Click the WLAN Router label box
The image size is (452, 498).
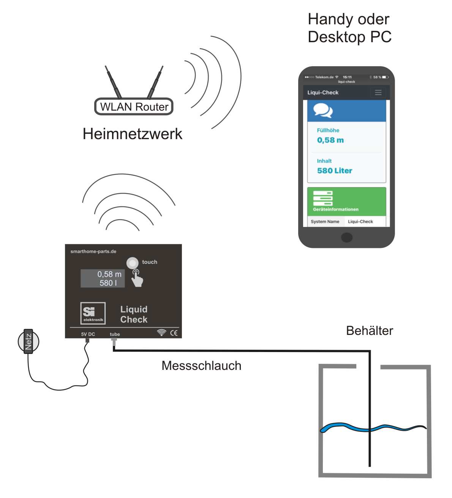click(x=134, y=107)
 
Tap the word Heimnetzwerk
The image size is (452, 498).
click(x=132, y=134)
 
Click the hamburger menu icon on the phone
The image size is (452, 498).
click(x=378, y=92)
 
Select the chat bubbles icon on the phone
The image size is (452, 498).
click(x=323, y=111)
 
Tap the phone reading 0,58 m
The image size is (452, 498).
click(x=330, y=140)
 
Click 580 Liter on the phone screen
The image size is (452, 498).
click(x=335, y=171)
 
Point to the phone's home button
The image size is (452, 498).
click(x=346, y=238)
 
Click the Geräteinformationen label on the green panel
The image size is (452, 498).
click(x=336, y=209)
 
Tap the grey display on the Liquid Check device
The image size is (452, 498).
click(x=103, y=278)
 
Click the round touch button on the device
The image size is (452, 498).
click(x=132, y=263)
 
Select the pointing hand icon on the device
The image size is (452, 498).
click(x=137, y=279)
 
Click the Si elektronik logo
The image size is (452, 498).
click(x=93, y=313)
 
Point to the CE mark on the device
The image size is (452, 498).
click(x=174, y=333)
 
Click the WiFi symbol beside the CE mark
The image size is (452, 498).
click(x=161, y=333)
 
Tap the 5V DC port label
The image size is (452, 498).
click(x=88, y=335)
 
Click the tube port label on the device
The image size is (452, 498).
click(x=115, y=335)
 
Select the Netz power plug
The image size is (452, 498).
click(x=28, y=341)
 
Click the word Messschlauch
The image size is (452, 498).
click(x=201, y=366)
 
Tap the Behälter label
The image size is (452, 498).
click(x=369, y=331)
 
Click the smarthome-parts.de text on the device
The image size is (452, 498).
click(x=93, y=252)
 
